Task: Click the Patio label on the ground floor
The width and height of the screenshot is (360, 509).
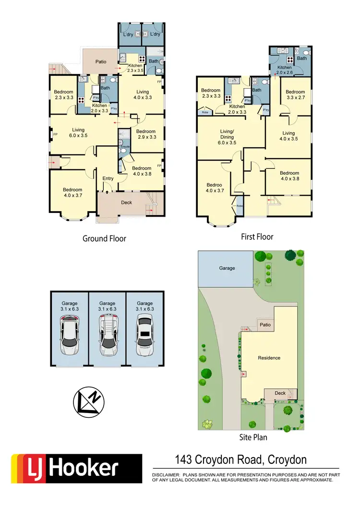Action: coord(100,62)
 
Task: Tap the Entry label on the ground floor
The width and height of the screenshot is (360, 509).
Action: coord(108,179)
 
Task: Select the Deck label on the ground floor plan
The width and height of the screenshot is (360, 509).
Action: coord(126,202)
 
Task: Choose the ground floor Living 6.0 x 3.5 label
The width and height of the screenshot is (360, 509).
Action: coord(78,132)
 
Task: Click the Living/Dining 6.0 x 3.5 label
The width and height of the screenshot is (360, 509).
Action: coord(227,140)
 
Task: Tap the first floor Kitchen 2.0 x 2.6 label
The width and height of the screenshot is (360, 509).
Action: coord(285,71)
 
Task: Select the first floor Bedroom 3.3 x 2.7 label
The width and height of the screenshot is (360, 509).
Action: coord(295,95)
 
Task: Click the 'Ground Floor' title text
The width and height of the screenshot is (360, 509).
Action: coord(104,238)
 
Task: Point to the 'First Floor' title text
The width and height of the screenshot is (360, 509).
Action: coord(257,237)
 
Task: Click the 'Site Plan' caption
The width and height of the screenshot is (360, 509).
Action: coord(253,438)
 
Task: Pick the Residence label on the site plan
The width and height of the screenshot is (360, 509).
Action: coord(269,358)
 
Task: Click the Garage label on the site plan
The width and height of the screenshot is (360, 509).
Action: coord(227,268)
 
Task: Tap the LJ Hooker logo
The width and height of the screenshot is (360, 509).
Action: coord(76,468)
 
